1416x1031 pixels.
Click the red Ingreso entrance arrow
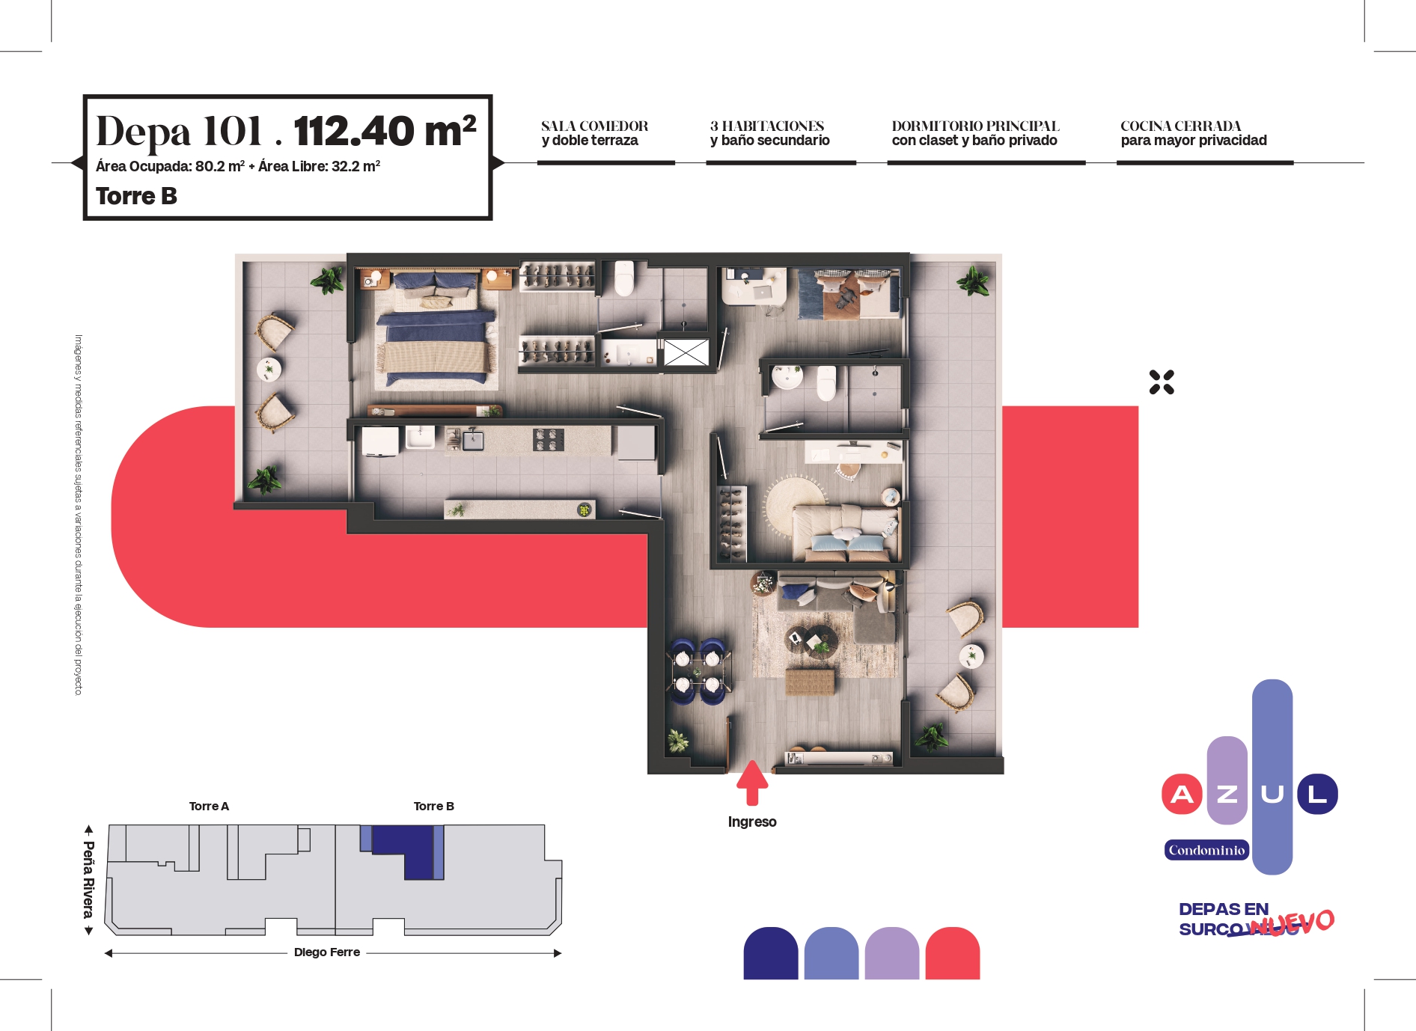(x=752, y=783)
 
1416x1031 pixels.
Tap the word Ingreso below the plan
(x=752, y=822)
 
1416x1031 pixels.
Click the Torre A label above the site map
(x=209, y=806)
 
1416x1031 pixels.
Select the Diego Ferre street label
(x=327, y=952)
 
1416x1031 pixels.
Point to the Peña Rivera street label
(x=89, y=880)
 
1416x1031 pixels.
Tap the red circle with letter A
(x=1182, y=794)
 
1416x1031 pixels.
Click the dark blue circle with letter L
(x=1317, y=794)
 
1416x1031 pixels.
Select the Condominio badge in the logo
(x=1206, y=850)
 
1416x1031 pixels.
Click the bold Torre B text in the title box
(x=136, y=196)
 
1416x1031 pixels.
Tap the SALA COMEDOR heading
(x=595, y=126)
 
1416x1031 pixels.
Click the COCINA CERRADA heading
(x=1181, y=126)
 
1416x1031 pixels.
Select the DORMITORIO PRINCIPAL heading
(x=975, y=126)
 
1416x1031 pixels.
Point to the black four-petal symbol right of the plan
(x=1162, y=382)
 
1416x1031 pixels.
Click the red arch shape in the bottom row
(x=953, y=953)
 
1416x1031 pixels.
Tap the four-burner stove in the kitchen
(x=549, y=440)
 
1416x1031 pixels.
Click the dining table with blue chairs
(x=698, y=671)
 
